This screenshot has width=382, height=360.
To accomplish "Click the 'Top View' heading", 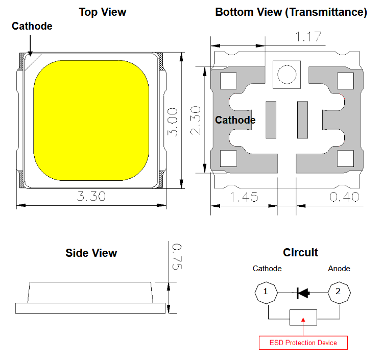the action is [103, 12].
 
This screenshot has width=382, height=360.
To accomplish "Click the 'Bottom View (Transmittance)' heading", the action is [291, 12].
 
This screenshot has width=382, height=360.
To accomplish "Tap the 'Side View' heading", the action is [91, 253].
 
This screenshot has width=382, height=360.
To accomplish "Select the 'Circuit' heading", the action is [300, 252].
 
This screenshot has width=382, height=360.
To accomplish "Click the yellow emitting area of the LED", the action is [91, 121].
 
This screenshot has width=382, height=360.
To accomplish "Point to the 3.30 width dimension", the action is [91, 196].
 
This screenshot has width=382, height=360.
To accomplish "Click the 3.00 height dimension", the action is [173, 122].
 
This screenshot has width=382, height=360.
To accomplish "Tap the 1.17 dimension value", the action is [308, 37].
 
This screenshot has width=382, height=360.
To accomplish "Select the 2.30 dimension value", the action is [196, 121].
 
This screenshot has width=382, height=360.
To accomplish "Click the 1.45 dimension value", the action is [244, 197].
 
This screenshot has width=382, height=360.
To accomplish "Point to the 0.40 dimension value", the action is [344, 197].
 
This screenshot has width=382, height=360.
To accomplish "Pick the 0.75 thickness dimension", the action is [177, 256].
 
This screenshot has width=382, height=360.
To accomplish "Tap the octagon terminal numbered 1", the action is [266, 293].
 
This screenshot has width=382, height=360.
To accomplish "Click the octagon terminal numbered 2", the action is [339, 293].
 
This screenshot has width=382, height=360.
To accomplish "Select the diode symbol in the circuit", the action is [303, 293].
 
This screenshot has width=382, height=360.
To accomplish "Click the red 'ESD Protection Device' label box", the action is [303, 343].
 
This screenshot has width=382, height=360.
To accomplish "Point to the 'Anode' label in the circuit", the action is [339, 269].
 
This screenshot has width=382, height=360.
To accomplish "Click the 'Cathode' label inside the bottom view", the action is [235, 120].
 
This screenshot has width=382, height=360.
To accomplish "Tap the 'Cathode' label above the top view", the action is [32, 26].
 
